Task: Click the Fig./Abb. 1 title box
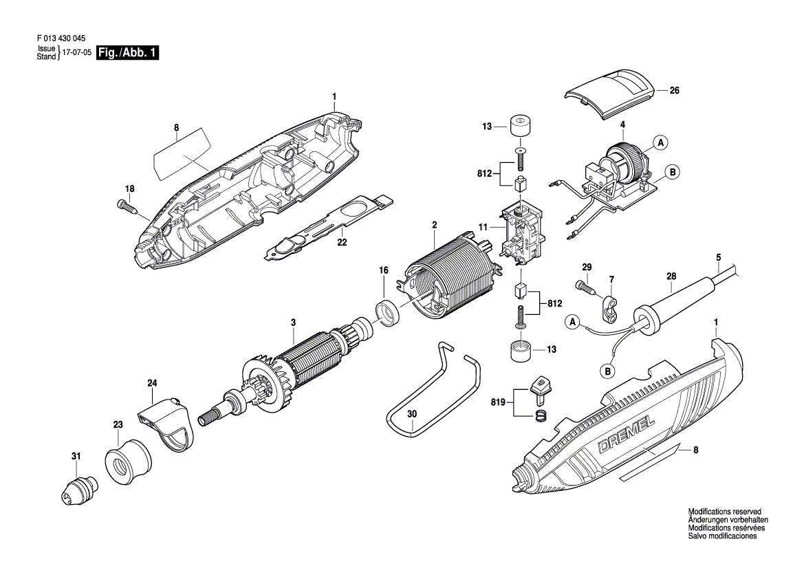pyautogui.click(x=128, y=52)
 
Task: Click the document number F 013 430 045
pyautogui.click(x=61, y=39)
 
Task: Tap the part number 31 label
pyautogui.click(x=76, y=456)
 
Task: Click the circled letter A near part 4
pyautogui.click(x=661, y=142)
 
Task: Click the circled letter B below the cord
pyautogui.click(x=607, y=371)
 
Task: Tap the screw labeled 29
pyautogui.click(x=586, y=287)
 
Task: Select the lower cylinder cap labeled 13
pyautogui.click(x=521, y=351)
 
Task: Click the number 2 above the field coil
pyautogui.click(x=434, y=225)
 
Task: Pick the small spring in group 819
pyautogui.click(x=539, y=417)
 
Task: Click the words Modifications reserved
pyautogui.click(x=724, y=512)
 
